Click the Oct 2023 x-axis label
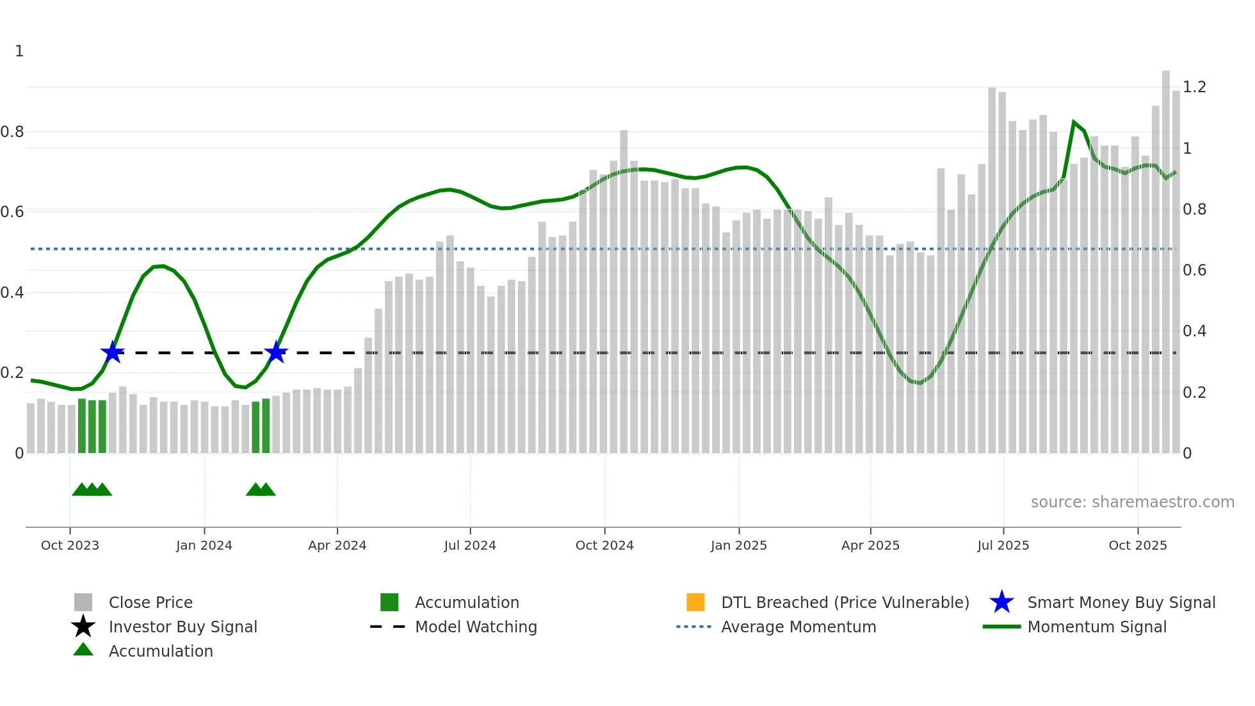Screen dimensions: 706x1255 (x=70, y=545)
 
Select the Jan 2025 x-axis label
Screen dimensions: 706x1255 (x=738, y=545)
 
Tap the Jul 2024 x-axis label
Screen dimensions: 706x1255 (x=470, y=545)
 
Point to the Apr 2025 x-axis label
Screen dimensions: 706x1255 (x=870, y=545)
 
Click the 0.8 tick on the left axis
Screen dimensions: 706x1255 (x=12, y=132)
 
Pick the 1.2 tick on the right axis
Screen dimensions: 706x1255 (x=1194, y=87)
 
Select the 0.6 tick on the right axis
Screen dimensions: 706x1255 (x=1194, y=270)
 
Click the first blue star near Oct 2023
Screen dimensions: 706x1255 (x=112, y=352)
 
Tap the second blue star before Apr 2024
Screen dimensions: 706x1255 (x=276, y=352)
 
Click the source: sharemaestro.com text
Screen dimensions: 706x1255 (x=1132, y=502)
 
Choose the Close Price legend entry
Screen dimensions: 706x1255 (x=150, y=603)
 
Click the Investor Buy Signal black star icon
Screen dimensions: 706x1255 (x=83, y=627)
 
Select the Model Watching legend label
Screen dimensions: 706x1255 (x=476, y=627)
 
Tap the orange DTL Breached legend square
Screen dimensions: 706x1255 (x=695, y=602)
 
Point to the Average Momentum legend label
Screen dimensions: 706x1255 (x=798, y=627)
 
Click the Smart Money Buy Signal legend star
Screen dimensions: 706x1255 (x=1001, y=602)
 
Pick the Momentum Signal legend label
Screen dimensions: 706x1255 (x=1097, y=627)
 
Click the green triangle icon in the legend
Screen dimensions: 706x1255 (x=83, y=650)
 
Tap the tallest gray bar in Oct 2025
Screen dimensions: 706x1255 (x=1165, y=256)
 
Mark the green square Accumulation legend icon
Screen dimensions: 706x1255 (x=389, y=602)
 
